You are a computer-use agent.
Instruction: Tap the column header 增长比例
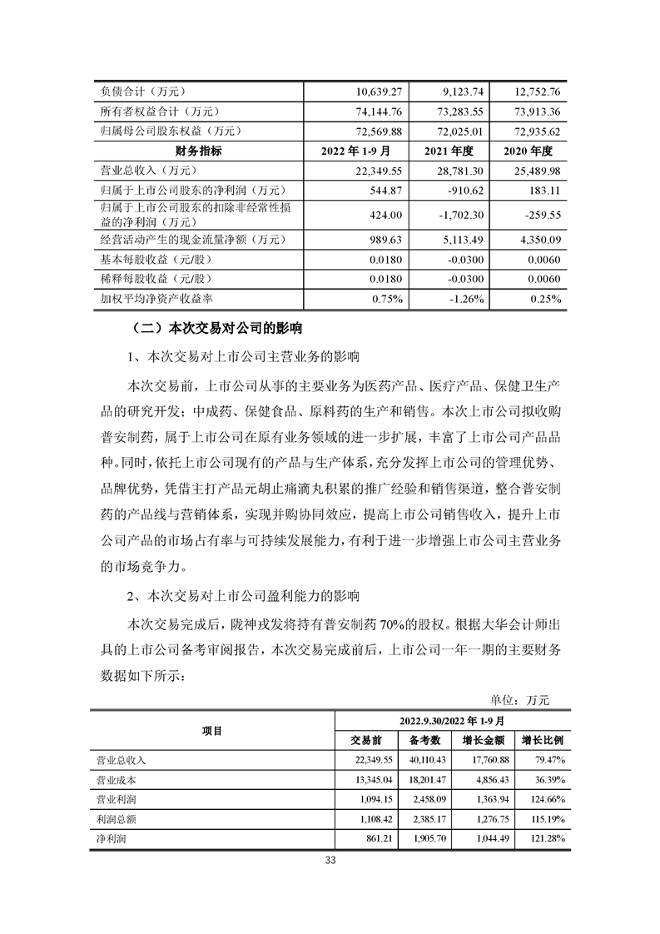click(x=542, y=739)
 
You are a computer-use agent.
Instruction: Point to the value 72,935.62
click(x=537, y=132)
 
